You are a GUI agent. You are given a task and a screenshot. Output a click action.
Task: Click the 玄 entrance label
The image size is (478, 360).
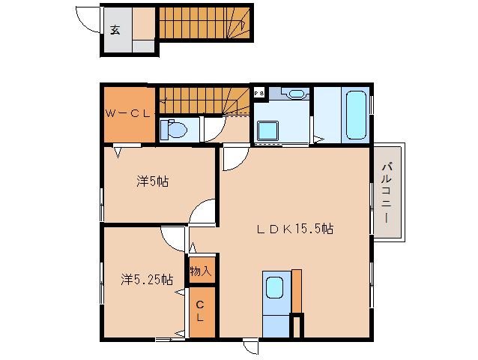pos(115,30)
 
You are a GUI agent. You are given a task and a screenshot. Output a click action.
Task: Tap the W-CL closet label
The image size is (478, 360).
pos(128,114)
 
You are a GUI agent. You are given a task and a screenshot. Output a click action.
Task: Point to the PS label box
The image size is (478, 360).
pos(259,93)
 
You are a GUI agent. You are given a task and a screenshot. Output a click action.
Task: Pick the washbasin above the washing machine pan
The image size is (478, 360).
pos(296,94)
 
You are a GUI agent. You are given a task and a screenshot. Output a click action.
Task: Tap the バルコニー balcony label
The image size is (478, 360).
pos(388,191)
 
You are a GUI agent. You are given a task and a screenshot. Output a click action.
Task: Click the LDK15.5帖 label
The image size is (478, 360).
pos(295,230)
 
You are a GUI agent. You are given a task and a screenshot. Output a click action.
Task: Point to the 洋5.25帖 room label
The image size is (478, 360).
pos(147,279)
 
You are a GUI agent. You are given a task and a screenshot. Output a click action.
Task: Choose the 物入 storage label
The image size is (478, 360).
pos(201,270)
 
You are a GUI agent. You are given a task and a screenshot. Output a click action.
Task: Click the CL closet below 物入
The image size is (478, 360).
pos(201,311)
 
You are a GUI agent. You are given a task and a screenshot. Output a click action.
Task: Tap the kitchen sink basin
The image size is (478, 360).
pos(275,287)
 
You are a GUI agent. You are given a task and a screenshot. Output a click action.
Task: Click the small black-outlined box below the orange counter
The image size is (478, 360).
pos(297,326)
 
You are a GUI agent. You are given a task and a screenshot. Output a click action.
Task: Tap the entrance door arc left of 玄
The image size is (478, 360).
pos(90,21)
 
